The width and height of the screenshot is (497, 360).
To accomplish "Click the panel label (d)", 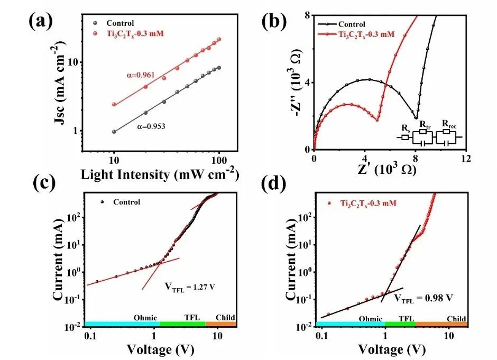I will (279, 186).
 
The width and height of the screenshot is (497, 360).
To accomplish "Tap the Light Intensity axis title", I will (158, 173).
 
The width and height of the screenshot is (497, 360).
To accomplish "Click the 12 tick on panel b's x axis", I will (465, 158).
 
